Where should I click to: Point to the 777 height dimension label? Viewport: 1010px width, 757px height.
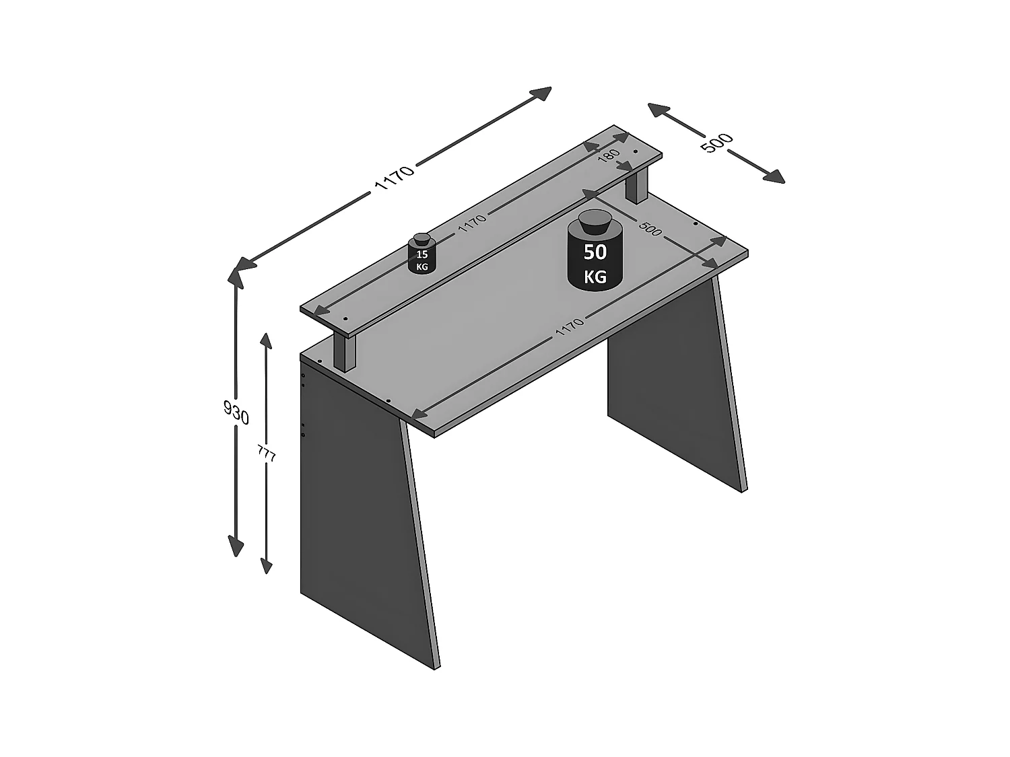267,456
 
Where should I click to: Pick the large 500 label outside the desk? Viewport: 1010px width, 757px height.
716,143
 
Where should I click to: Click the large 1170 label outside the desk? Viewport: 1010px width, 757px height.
394,178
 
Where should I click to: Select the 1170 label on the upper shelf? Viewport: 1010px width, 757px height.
471,223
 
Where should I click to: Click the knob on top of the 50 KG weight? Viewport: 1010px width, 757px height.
594,220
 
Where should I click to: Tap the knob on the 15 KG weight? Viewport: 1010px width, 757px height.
422,238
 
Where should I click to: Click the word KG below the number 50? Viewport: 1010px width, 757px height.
595,276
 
